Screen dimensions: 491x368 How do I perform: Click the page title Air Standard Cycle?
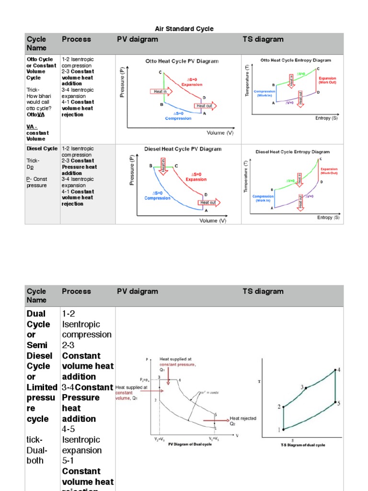pyautogui.click(x=184, y=29)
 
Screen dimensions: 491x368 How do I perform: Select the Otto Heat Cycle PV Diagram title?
pyautogui.click(x=182, y=61)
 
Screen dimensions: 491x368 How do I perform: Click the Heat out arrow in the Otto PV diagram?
pyautogui.click(x=205, y=105)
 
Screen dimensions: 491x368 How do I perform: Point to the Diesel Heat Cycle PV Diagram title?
pyautogui.click(x=183, y=149)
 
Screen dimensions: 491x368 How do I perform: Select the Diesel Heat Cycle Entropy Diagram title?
pyautogui.click(x=292, y=152)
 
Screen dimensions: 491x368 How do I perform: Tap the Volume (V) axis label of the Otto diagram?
pyautogui.click(x=220, y=132)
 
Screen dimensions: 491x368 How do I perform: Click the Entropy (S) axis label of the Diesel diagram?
pyautogui.click(x=328, y=218)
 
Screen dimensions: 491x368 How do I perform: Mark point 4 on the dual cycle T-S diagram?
pyautogui.click(x=338, y=370)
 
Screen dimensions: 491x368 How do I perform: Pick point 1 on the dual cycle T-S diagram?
pyautogui.click(x=279, y=430)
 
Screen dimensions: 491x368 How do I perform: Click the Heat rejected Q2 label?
pyautogui.click(x=243, y=421)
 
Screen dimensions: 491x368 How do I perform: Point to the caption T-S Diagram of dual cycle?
pyautogui.click(x=302, y=445)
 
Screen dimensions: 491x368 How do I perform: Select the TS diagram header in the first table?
pyautogui.click(x=263, y=39)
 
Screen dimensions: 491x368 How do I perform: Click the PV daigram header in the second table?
pyautogui.click(x=137, y=291)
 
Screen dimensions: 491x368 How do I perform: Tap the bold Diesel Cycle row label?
pyautogui.click(x=42, y=149)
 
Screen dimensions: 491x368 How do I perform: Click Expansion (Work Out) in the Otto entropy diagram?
pyautogui.click(x=327, y=80)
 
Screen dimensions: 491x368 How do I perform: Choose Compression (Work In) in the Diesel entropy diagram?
pyautogui.click(x=263, y=198)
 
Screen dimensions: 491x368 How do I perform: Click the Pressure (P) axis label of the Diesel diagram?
pyautogui.click(x=133, y=170)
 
